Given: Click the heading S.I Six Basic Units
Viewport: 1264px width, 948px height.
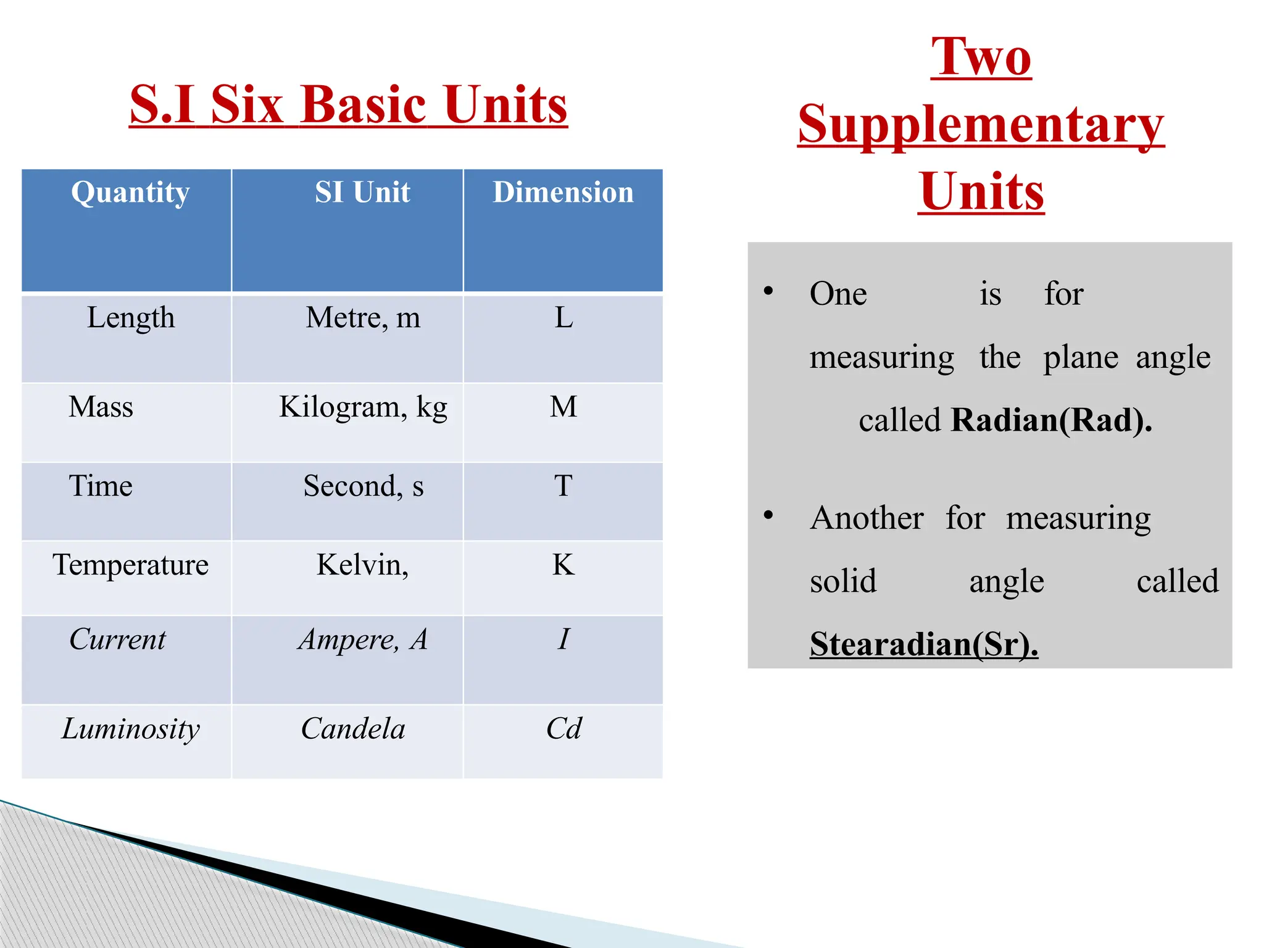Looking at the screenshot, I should click(x=348, y=105).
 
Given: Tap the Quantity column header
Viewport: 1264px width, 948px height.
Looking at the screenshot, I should click(x=130, y=193).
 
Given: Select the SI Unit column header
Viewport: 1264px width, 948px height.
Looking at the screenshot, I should click(x=362, y=193).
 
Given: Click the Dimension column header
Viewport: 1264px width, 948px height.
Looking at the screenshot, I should click(x=563, y=193).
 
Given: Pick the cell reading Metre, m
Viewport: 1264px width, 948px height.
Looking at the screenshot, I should click(x=363, y=318).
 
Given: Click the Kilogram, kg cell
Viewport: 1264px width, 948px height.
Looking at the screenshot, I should click(x=363, y=407).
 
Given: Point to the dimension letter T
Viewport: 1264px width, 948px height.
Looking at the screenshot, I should click(x=563, y=486).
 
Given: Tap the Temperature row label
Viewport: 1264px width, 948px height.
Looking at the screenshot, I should click(x=130, y=565).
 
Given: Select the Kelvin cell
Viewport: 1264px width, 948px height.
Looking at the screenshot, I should click(x=362, y=565).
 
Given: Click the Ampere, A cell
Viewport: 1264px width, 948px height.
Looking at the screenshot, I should click(x=363, y=640).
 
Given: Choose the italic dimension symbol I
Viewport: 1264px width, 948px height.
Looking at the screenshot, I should click(x=563, y=639).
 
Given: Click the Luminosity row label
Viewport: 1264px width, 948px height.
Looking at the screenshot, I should click(x=130, y=730).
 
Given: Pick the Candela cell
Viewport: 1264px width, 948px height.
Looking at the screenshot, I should click(x=353, y=730).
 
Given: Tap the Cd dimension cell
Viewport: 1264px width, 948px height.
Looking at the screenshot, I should click(x=563, y=730).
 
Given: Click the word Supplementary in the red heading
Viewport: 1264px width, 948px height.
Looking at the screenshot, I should click(x=981, y=125).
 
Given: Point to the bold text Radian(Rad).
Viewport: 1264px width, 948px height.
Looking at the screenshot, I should click(x=1051, y=421).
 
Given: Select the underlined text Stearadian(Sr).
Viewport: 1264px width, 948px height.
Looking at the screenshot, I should click(x=923, y=644).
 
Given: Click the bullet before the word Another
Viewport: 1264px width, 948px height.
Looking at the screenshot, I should click(x=768, y=515).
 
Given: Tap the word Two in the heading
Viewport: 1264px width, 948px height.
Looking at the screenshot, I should click(x=981, y=57).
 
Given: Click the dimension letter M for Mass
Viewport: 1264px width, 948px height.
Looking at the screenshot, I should click(x=563, y=407).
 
